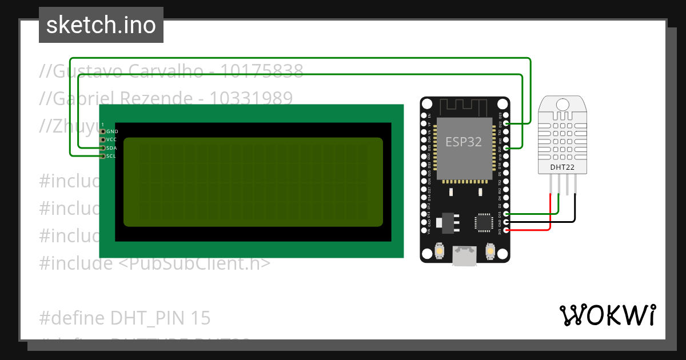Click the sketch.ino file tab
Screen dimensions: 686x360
click(101, 25)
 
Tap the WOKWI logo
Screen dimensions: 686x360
click(607, 315)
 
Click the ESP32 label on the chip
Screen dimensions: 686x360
click(464, 142)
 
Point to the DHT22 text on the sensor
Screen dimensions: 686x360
click(563, 167)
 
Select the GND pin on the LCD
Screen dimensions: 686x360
click(103, 131)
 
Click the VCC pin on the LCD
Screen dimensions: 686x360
click(103, 139)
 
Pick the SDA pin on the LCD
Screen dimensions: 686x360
click(103, 148)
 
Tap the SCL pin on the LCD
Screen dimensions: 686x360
click(103, 156)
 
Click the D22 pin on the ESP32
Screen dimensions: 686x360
click(506, 123)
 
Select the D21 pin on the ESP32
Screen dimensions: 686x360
click(506, 148)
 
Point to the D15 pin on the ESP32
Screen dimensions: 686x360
click(506, 214)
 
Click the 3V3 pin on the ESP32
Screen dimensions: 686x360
click(506, 230)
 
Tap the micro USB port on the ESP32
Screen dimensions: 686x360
click(464, 256)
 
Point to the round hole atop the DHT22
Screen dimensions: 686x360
click(563, 105)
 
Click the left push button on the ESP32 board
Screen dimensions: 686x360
click(439, 250)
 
